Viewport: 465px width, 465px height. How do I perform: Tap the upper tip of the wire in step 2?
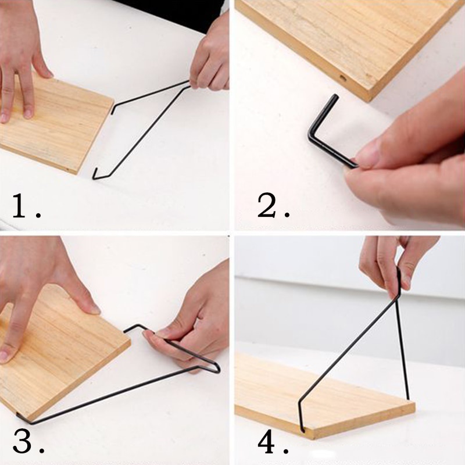tap(336, 96)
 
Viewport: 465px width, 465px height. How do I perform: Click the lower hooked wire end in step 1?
tap(95, 173)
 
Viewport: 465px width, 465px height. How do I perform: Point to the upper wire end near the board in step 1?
tap(112, 110)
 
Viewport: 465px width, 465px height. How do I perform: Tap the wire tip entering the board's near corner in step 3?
tap(19, 416)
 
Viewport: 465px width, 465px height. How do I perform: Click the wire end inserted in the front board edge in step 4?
tap(302, 429)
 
